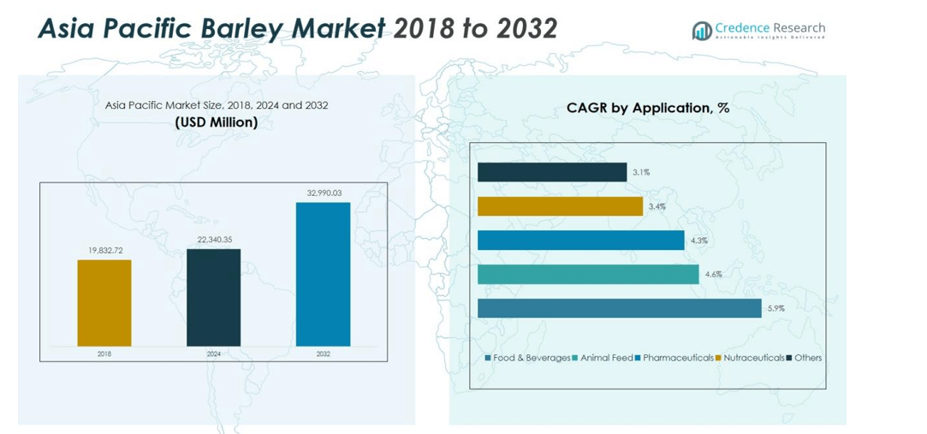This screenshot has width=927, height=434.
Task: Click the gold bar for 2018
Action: (104, 302)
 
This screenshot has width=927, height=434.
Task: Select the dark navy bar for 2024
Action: (213, 297)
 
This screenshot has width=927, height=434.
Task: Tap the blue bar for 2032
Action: (323, 274)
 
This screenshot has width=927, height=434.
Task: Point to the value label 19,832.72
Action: (104, 251)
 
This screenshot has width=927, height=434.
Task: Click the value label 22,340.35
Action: (213, 240)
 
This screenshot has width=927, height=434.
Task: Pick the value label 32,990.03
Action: (323, 193)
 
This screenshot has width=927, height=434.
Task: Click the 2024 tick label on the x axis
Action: (213, 354)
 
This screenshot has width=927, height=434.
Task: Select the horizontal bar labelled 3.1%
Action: (552, 172)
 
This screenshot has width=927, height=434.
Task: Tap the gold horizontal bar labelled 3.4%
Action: (560, 206)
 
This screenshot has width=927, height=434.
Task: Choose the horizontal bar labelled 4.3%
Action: (580, 240)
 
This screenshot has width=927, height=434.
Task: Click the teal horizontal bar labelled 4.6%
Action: (588, 274)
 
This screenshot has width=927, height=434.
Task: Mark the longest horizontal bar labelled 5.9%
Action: (619, 308)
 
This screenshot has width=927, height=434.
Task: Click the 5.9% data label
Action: (776, 308)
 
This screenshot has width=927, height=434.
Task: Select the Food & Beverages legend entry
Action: (527, 358)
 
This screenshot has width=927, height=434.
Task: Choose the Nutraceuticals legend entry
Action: (750, 358)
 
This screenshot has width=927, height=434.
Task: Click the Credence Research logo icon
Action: (702, 30)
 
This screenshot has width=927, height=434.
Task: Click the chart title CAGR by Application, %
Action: (647, 108)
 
